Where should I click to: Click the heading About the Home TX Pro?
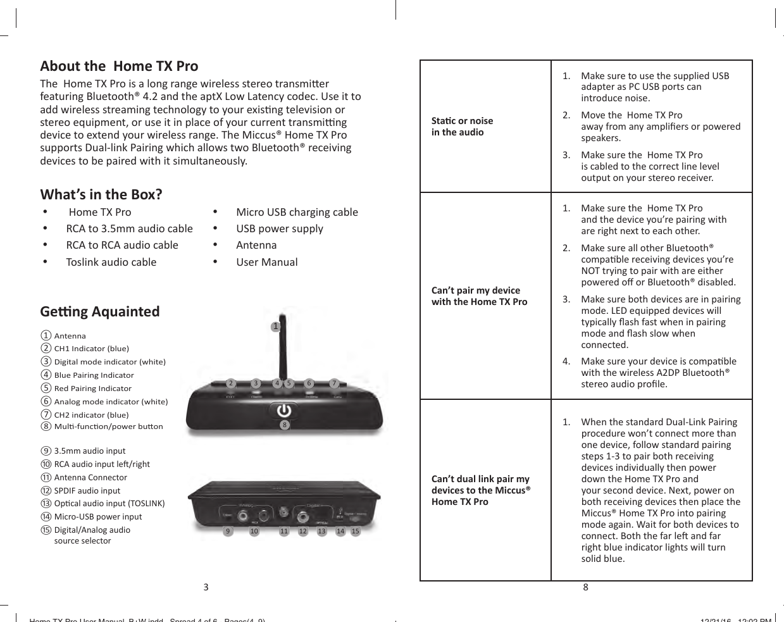point(119,66)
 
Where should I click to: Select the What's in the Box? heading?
point(101,194)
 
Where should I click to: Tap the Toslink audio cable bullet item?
point(111,262)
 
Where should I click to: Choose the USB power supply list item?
point(279,228)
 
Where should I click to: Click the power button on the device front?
point(284,410)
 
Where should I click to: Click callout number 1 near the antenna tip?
point(275,327)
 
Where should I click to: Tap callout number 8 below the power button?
point(285,425)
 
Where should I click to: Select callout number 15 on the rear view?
point(356,532)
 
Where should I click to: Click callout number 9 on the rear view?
point(228,532)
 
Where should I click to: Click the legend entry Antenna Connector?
point(90,478)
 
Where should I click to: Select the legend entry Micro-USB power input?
point(97,517)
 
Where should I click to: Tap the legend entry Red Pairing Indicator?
point(92,389)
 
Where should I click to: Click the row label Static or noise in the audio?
point(462,127)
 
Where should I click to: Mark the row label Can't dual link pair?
point(480,490)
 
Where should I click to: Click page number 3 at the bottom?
point(206,587)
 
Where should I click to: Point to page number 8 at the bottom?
point(585,587)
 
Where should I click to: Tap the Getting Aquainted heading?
point(100,311)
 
